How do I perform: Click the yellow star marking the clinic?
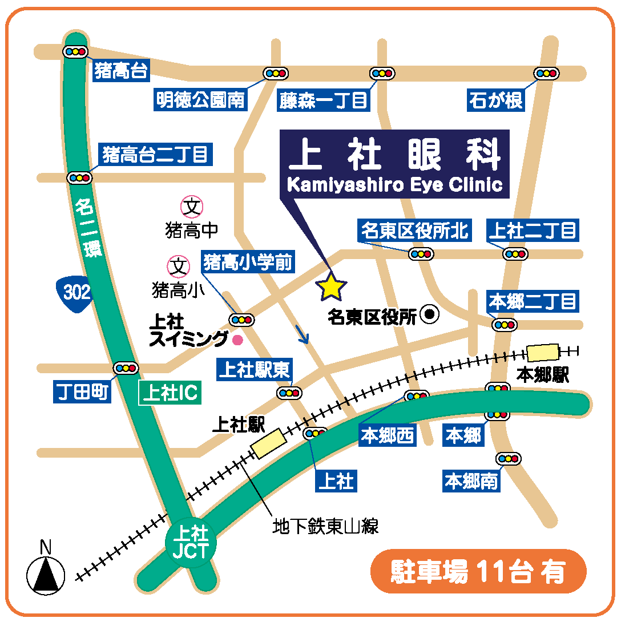coord(331,287)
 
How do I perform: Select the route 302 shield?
coord(76,293)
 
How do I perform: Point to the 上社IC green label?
coord(170,394)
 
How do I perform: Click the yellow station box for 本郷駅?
coord(543,352)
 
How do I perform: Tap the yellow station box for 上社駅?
coord(269,445)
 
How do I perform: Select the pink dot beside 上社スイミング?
coord(237,340)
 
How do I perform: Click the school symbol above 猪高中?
coord(192,207)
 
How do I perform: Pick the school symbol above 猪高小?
coord(178,266)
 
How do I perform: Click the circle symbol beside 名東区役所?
coord(429,313)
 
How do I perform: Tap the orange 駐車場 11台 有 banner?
coord(478,571)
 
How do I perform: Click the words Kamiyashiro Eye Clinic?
coord(394,185)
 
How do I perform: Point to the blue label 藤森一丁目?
coord(324,101)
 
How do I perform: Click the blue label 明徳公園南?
coord(200,100)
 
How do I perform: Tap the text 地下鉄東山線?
coord(325,526)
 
